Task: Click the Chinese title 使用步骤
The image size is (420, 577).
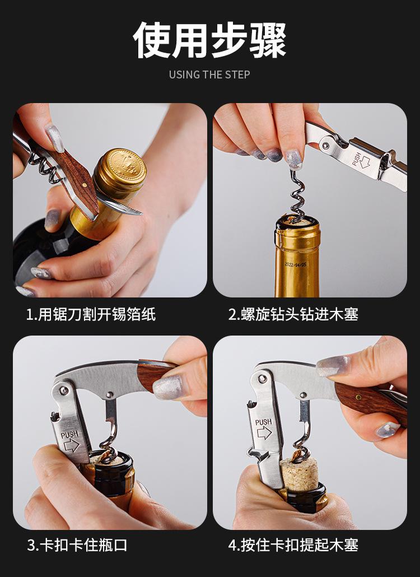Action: pos(209,40)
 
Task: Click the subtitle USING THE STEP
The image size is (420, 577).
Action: pos(209,75)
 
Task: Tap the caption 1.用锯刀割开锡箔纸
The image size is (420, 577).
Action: pos(91,315)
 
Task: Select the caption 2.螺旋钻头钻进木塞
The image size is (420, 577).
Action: pos(293,315)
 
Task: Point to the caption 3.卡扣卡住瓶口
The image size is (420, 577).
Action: pos(77,545)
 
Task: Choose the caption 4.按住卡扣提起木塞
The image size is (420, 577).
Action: pos(293,545)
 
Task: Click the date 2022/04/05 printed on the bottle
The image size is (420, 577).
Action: pos(296,264)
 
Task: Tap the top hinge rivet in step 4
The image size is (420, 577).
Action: pos(262,378)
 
